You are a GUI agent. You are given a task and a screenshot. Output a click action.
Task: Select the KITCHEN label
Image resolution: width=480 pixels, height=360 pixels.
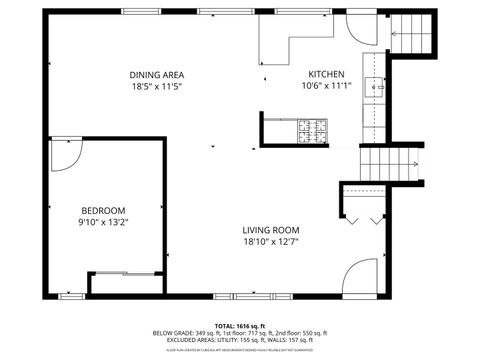[326, 75]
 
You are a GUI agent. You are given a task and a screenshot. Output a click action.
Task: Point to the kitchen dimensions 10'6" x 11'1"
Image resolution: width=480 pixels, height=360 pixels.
[326, 86]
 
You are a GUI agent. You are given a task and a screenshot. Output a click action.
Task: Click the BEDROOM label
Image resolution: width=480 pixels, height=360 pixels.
[104, 210]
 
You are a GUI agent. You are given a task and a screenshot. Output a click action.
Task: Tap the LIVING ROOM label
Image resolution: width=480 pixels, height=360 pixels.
[270, 229]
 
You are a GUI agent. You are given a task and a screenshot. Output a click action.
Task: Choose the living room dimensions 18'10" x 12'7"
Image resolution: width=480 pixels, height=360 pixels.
[270, 240]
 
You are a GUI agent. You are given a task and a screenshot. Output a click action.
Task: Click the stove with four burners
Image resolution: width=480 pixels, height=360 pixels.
[311, 128]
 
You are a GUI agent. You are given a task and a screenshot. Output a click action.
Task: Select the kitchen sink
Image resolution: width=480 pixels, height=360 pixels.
[375, 87]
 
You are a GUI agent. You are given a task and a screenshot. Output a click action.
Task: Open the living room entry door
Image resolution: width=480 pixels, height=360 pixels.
[362, 275]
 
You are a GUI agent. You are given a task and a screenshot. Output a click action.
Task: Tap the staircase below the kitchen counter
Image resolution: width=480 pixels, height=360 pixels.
[387, 163]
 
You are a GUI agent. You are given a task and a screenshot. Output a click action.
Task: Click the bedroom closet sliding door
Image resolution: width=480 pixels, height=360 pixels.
[124, 272]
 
